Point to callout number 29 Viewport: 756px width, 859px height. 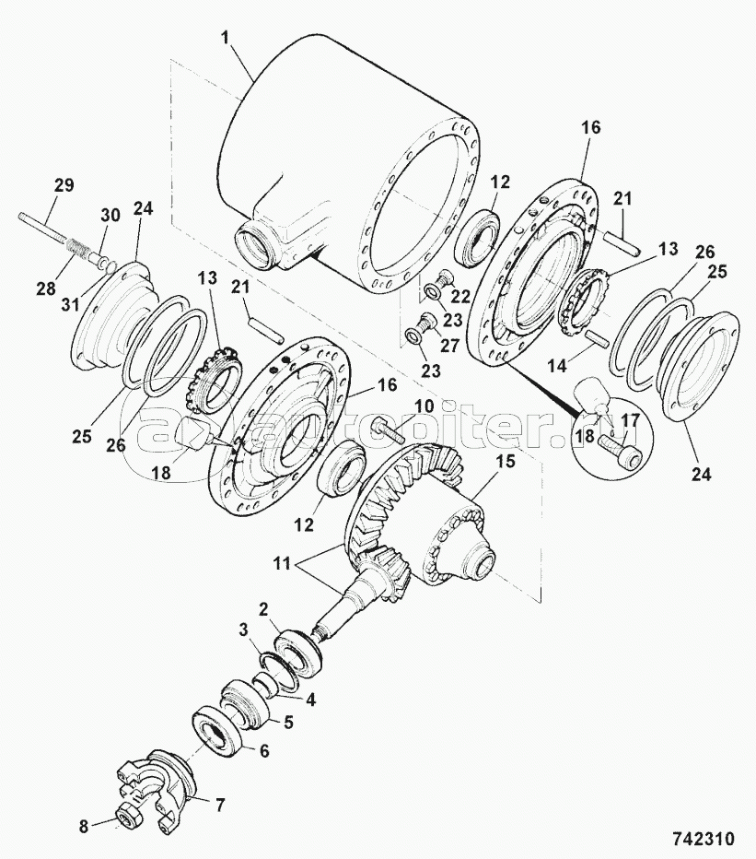(x=64, y=185)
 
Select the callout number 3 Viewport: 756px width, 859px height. (x=243, y=630)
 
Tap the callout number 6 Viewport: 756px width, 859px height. (x=263, y=751)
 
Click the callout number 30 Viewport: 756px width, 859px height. (x=110, y=215)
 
